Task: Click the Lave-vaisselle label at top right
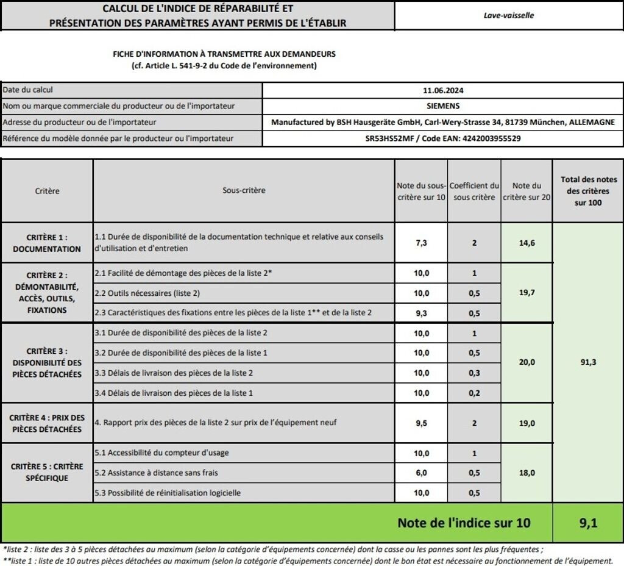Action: coord(508,15)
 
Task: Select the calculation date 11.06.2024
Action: coord(443,90)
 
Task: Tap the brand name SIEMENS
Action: coord(443,106)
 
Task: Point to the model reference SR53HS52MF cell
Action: coord(443,138)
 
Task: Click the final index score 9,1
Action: coord(588,523)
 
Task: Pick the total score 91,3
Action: coord(588,362)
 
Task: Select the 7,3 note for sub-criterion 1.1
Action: coord(421,243)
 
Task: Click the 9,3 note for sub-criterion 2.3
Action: coord(421,313)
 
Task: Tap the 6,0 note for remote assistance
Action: coord(421,473)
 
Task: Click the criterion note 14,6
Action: coord(526,243)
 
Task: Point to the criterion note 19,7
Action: coord(526,293)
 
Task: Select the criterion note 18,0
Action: coord(526,473)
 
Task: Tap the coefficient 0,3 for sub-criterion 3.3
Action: coord(474,373)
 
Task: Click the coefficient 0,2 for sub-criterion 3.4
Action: coord(474,393)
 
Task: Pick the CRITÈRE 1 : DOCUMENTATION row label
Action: coord(47,243)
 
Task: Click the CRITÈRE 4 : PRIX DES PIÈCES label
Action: coord(47,423)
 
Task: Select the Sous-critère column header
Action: coord(244,190)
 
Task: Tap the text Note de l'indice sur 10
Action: coord(464,523)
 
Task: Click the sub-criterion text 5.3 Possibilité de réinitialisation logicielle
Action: coord(168,493)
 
